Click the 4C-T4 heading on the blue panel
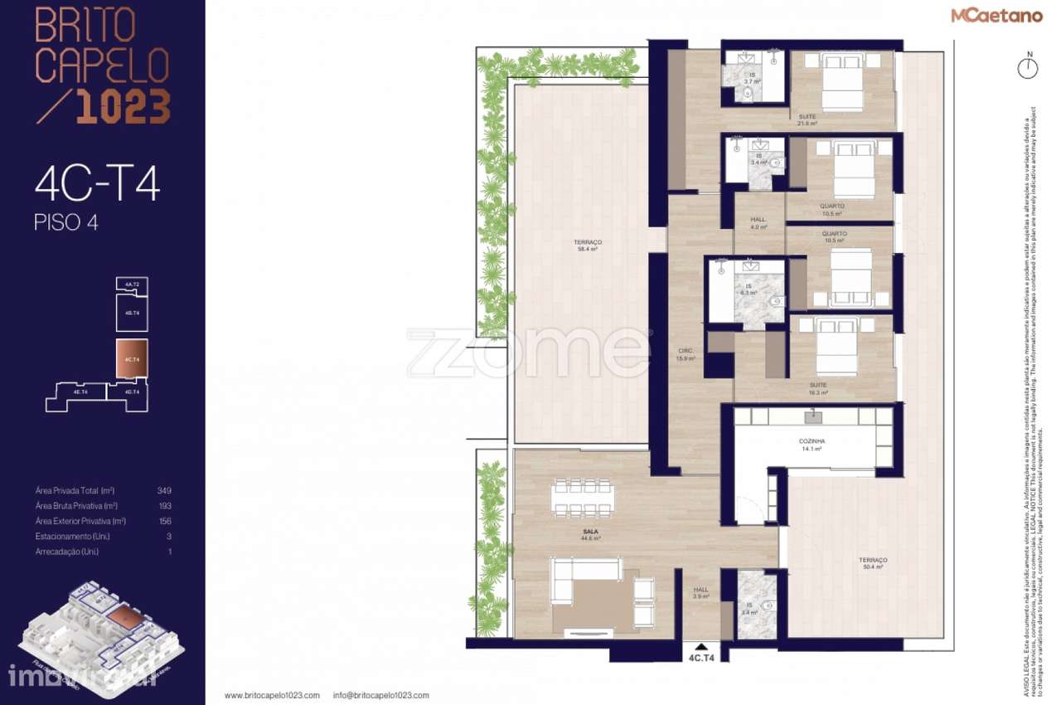tap(97, 185)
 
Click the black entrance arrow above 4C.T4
tap(702, 646)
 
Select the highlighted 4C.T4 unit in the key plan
tap(132, 359)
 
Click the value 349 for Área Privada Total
tap(164, 490)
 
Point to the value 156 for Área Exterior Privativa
tap(164, 521)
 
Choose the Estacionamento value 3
tap(169, 536)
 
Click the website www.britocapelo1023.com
tap(272, 696)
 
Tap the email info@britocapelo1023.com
tap(381, 696)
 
